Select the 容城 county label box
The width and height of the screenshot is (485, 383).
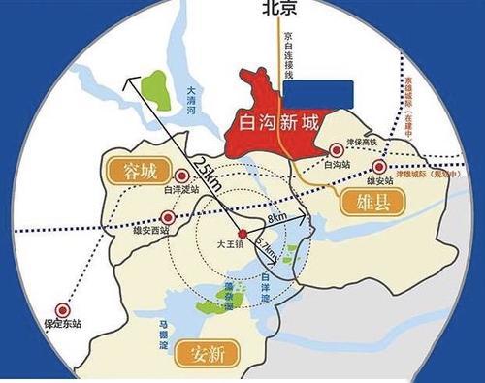(x=136, y=171)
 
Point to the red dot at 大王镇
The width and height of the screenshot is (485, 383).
(x=242, y=233)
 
